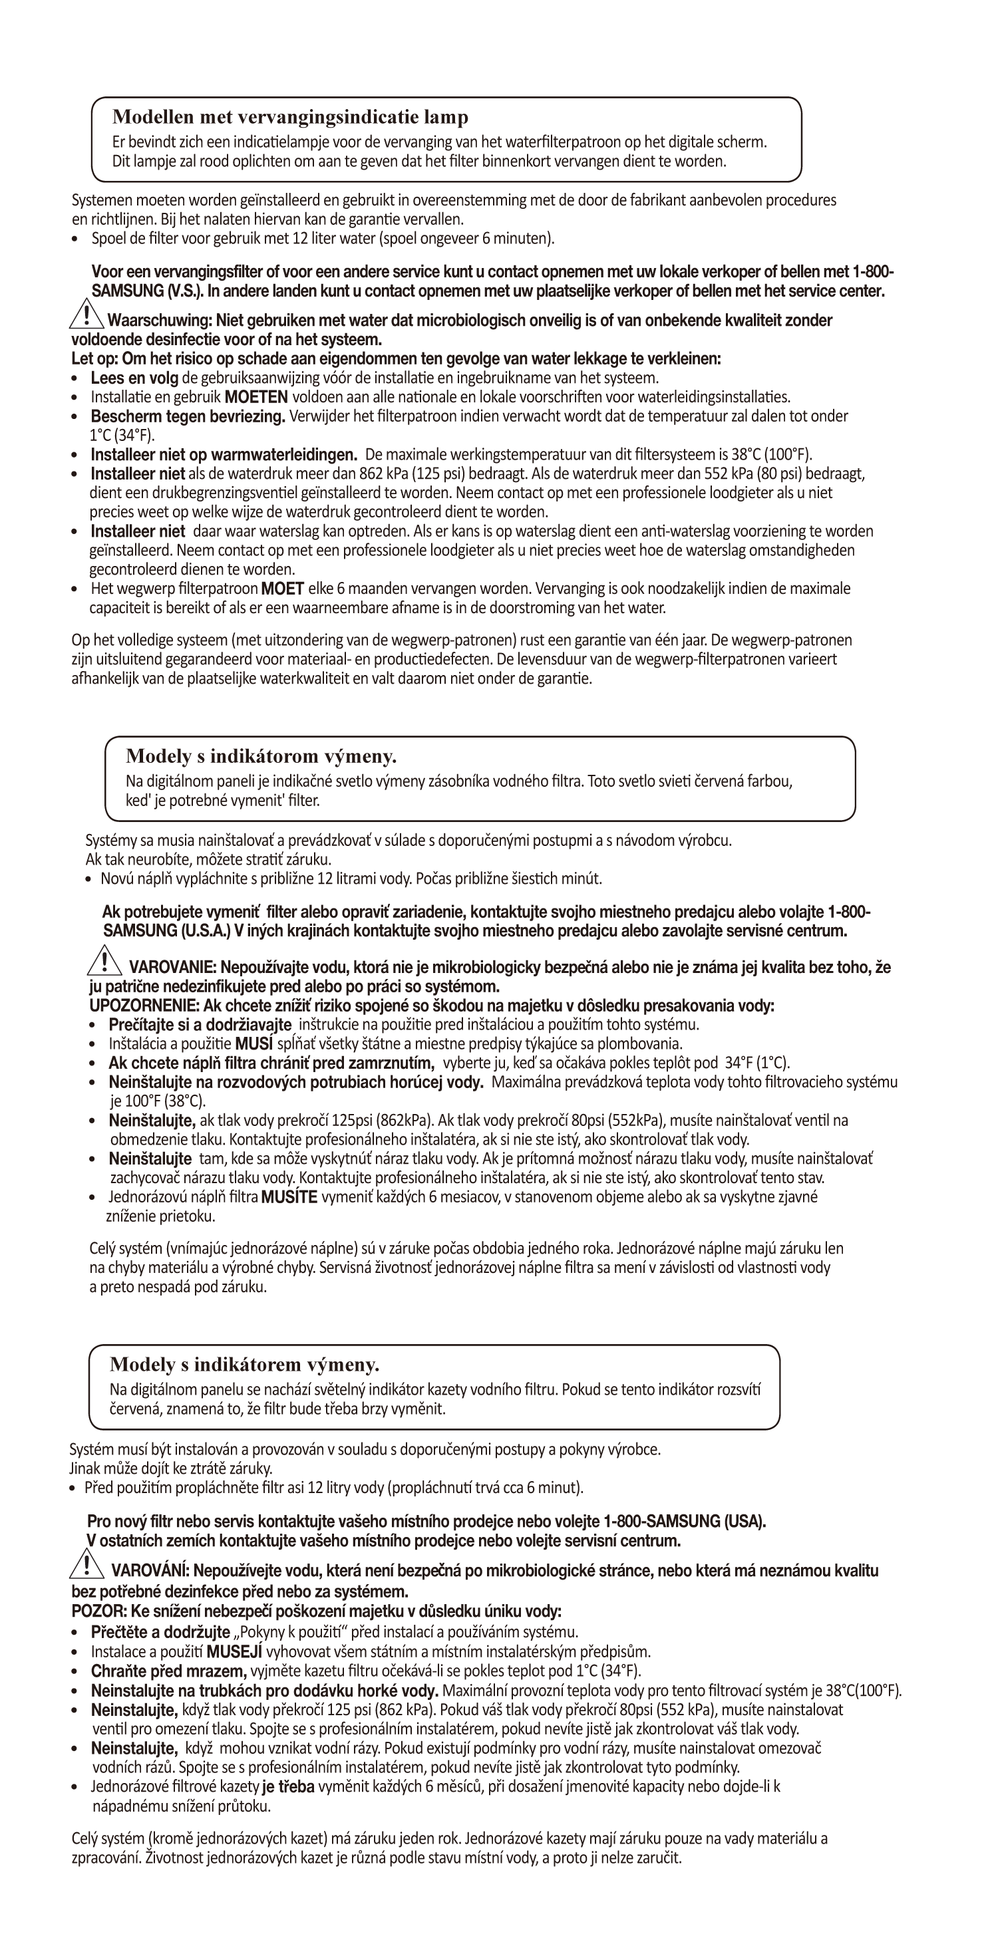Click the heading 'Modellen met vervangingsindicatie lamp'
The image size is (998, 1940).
[x=290, y=118]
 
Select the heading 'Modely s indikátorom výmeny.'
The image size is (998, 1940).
[x=261, y=756]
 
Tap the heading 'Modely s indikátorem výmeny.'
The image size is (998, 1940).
[x=244, y=1365]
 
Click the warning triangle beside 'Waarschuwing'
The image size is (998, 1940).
[x=87, y=315]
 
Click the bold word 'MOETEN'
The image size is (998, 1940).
[x=256, y=397]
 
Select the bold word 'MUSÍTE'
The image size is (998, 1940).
[x=289, y=1197]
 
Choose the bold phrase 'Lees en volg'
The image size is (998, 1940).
[x=134, y=377]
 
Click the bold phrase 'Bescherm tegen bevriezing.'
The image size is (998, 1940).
[x=188, y=416]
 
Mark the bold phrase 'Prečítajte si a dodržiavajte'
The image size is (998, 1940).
[x=200, y=1025]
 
